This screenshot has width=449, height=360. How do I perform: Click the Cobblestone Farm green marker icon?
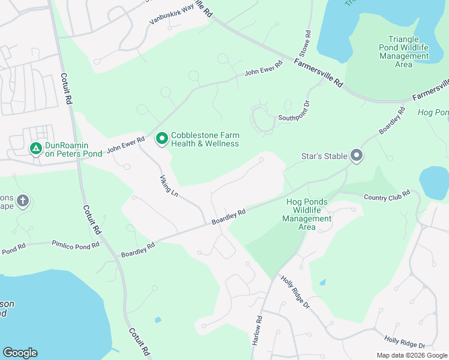pyautogui.click(x=161, y=139)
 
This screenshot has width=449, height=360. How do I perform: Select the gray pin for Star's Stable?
pyautogui.click(x=357, y=156)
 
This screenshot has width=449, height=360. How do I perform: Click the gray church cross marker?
pyautogui.click(x=23, y=200)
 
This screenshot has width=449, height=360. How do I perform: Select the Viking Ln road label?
pyautogui.click(x=169, y=185)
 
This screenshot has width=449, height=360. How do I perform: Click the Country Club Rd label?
pyautogui.click(x=386, y=194)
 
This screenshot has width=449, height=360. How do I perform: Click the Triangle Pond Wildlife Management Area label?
pyautogui.click(x=404, y=52)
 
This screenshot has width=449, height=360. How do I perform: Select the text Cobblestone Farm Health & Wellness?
pyautogui.click(x=205, y=139)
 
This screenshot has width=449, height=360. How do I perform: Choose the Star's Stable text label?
pyautogui.click(x=324, y=156)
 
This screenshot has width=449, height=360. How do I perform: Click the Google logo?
pyautogui.click(x=20, y=353)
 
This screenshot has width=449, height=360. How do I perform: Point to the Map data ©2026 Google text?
pyautogui.click(x=411, y=355)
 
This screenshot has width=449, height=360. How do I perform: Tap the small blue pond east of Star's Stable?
pyautogui.click(x=434, y=182)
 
